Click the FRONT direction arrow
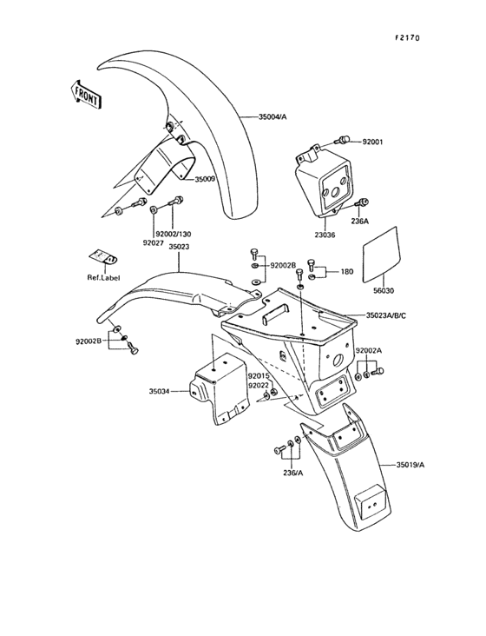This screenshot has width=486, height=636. pyautogui.click(x=85, y=95)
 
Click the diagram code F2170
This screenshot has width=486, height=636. pyautogui.click(x=408, y=38)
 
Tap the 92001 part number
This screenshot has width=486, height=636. pyautogui.click(x=372, y=142)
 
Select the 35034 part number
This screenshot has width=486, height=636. pyautogui.click(x=159, y=391)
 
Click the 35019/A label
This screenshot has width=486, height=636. pyautogui.click(x=410, y=465)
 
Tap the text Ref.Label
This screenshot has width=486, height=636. pyautogui.click(x=103, y=278)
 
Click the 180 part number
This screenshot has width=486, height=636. pyautogui.click(x=347, y=272)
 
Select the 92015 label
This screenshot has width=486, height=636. pyautogui.click(x=259, y=376)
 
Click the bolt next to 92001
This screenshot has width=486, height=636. pyautogui.click(x=342, y=141)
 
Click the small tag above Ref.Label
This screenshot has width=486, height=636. pyautogui.click(x=103, y=257)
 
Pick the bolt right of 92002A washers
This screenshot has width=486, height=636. pyautogui.click(x=378, y=371)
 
